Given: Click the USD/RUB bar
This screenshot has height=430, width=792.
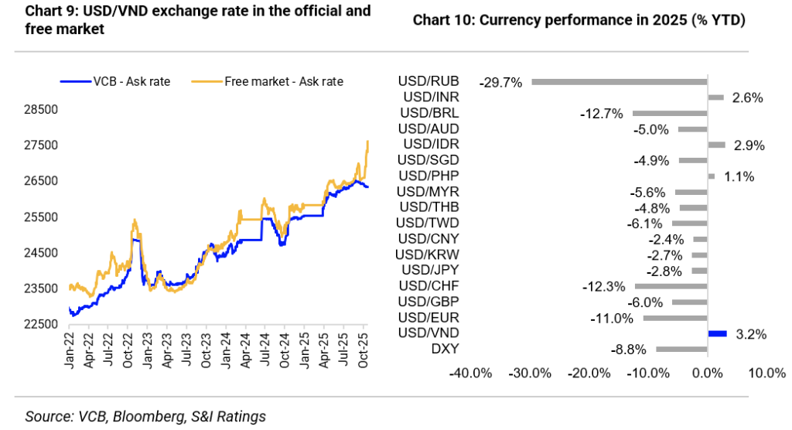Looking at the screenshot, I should (x=619, y=81).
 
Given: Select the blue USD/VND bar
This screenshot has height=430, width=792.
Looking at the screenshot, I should (x=718, y=333).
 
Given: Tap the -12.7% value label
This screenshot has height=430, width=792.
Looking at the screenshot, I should (x=601, y=114).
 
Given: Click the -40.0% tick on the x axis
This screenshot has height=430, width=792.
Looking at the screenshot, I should (x=471, y=374).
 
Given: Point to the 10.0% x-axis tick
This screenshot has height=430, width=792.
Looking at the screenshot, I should (x=766, y=374).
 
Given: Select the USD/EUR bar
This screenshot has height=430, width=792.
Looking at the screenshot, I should (x=675, y=318).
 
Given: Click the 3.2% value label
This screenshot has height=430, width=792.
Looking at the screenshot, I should (x=752, y=334).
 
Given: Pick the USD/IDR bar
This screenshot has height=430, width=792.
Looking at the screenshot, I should (x=717, y=145).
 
